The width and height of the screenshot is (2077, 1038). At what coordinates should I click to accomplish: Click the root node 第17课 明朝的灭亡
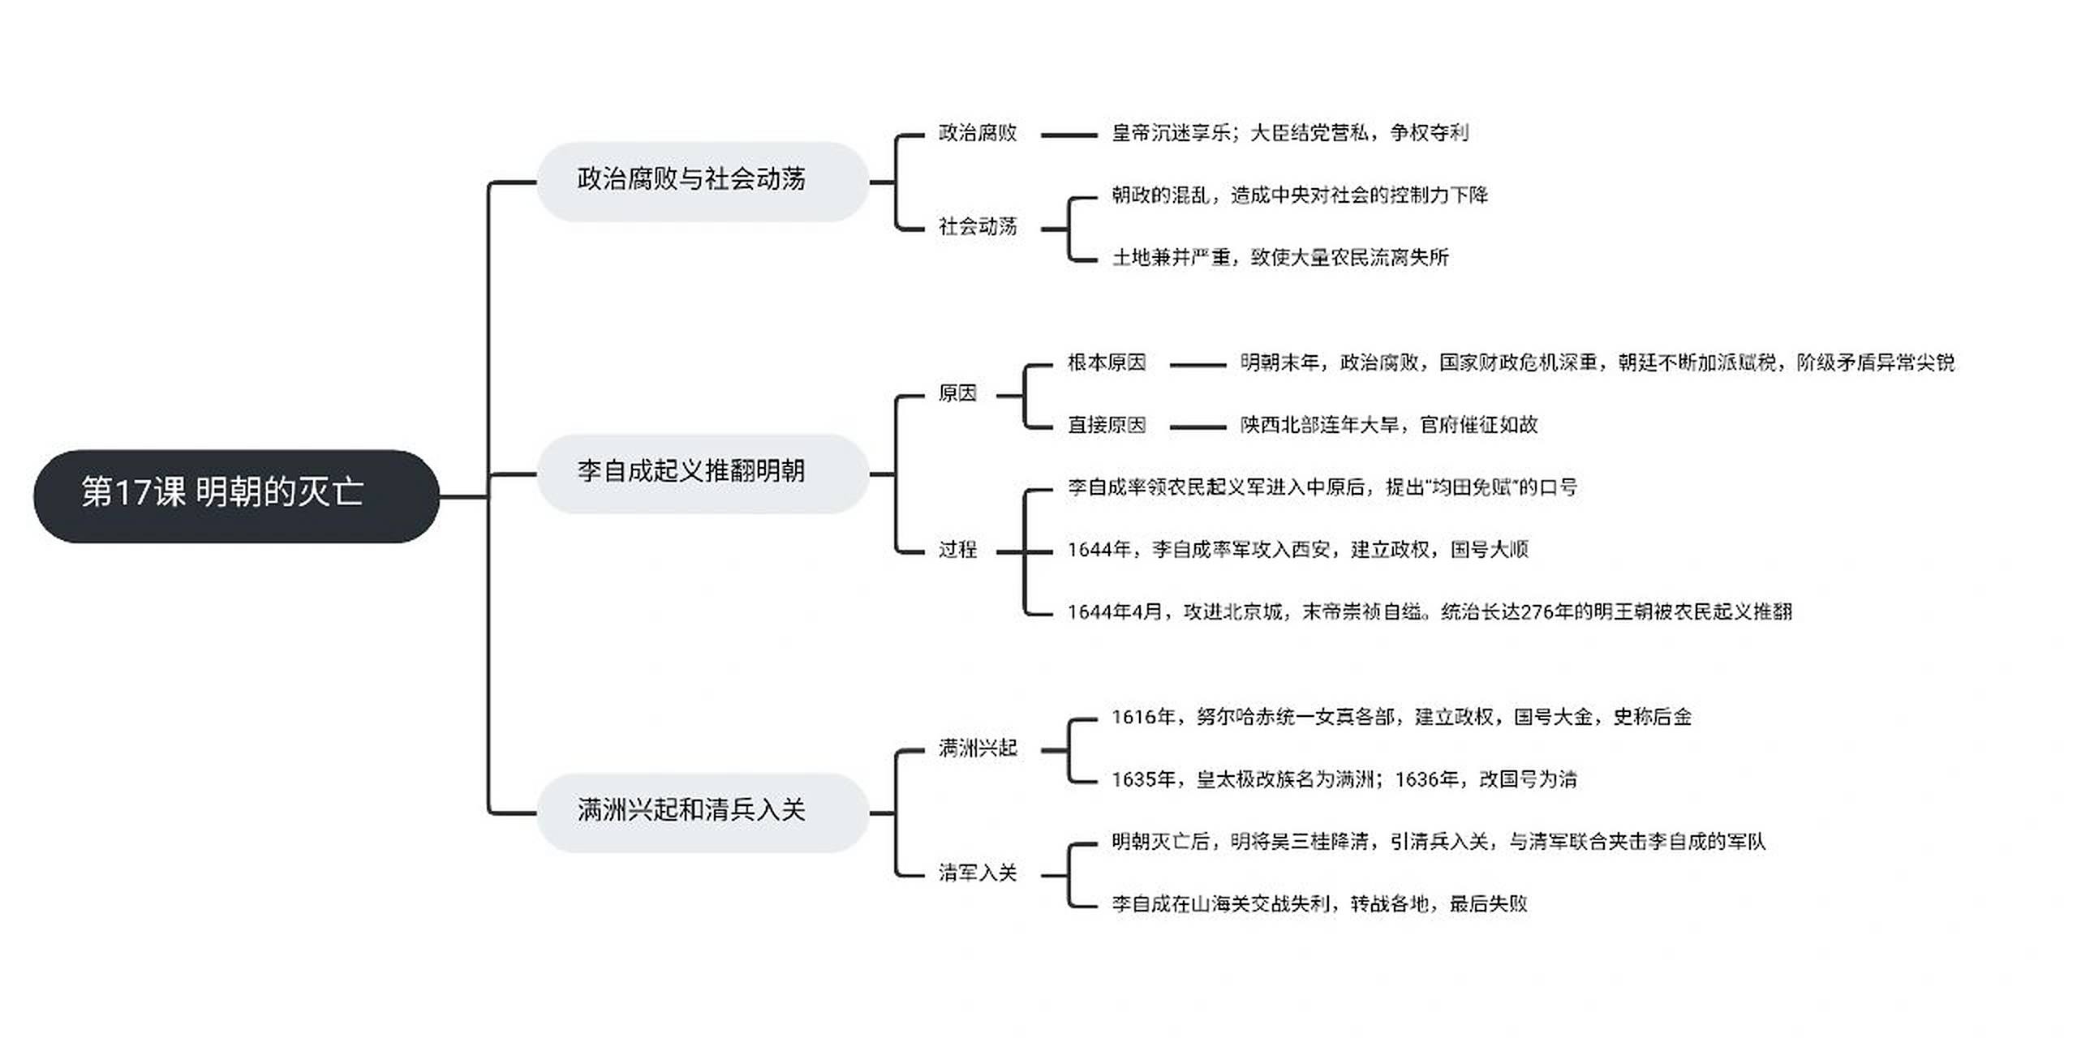click(235, 495)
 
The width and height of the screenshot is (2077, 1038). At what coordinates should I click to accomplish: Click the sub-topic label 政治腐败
click(977, 134)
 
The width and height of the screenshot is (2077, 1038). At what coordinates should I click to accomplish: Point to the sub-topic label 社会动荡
click(977, 227)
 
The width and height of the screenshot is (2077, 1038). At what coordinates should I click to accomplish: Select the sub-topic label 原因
click(957, 394)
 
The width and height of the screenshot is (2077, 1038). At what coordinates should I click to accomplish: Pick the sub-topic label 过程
click(957, 551)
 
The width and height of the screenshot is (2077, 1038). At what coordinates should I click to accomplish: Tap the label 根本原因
click(1106, 363)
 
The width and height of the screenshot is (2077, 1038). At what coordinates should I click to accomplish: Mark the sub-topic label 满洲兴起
click(977, 748)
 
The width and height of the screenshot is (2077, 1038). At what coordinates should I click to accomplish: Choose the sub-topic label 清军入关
click(977, 873)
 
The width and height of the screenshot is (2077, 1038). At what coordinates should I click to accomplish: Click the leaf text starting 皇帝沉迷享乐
click(1289, 134)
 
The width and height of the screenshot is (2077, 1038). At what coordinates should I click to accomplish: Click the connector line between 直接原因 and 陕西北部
click(1198, 427)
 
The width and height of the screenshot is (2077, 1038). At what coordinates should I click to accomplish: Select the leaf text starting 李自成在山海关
click(1318, 904)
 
